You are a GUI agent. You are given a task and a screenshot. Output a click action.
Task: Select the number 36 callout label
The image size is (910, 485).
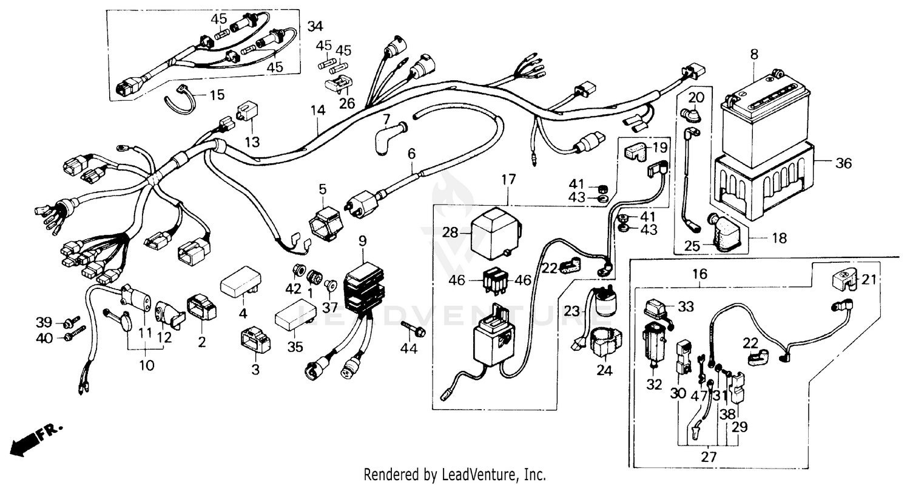pos(843,163)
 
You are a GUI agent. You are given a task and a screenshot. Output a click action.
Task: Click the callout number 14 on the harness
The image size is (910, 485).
pos(318,110)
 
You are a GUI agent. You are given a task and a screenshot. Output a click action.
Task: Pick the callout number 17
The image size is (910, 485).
pos(508,180)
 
